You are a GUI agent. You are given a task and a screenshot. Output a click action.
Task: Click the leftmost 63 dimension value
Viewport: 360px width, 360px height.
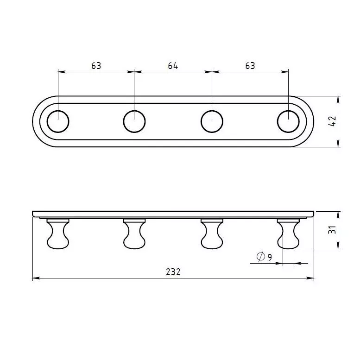click(x=96, y=66)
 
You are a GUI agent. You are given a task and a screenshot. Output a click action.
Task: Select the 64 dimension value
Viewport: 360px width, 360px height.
click(x=173, y=66)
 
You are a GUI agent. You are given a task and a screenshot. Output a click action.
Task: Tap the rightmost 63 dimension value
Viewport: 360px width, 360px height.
click(x=250, y=66)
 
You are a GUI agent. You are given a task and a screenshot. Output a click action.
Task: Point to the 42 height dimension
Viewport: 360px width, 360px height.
click(x=332, y=121)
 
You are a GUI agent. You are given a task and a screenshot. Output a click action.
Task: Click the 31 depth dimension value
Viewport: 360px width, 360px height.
click(x=332, y=230)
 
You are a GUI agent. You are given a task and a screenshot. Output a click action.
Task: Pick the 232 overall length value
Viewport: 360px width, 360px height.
click(x=173, y=272)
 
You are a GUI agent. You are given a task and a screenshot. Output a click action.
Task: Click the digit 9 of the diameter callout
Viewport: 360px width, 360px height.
click(x=270, y=257)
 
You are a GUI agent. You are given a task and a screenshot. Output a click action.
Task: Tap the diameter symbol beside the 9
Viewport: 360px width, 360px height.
click(x=260, y=256)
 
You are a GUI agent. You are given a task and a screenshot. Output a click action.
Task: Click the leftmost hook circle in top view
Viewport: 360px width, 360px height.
click(x=58, y=111)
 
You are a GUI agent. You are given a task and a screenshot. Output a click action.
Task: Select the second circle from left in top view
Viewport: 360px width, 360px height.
click(x=134, y=111)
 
